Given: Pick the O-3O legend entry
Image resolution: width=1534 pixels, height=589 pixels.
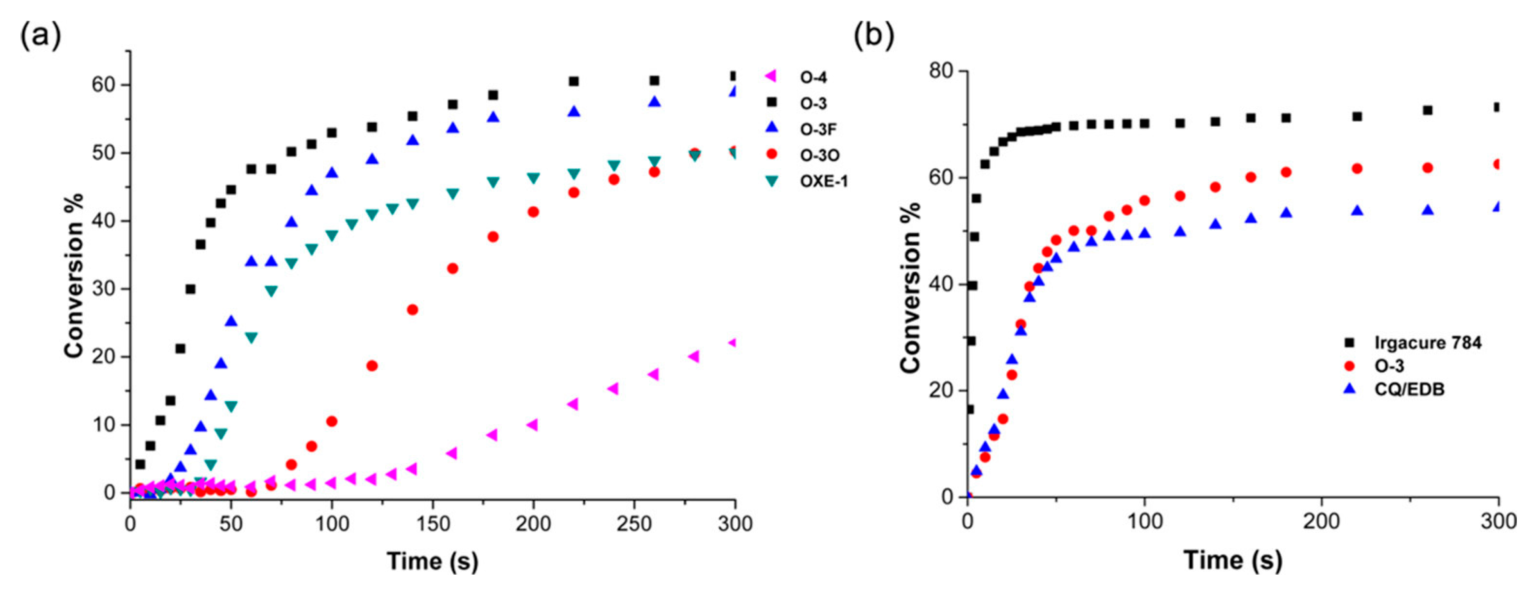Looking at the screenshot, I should [819, 155].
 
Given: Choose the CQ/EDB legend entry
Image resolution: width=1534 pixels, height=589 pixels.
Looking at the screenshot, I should [1408, 390].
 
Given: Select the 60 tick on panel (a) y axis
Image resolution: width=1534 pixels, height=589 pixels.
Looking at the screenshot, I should [102, 85].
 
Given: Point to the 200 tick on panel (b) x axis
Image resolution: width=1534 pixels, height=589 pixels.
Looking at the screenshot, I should [1321, 522].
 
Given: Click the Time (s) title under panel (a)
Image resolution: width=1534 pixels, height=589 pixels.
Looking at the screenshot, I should [432, 561].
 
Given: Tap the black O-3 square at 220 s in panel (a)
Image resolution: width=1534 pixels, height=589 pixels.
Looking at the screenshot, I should [574, 82].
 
